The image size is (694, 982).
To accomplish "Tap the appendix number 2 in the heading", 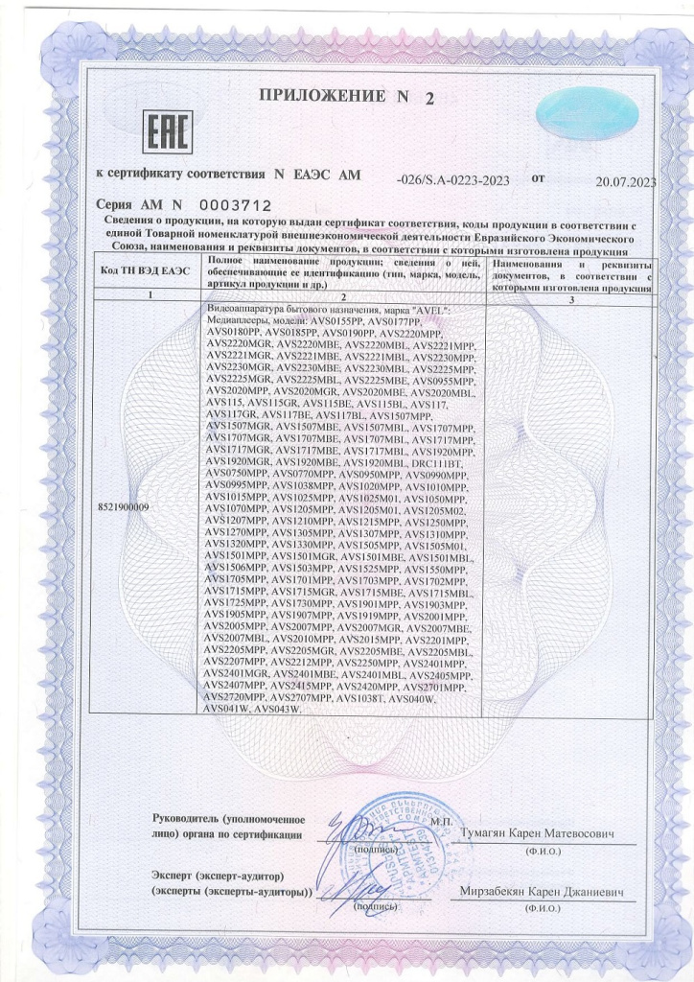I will coord(428,98).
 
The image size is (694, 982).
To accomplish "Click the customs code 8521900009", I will coord(125,504).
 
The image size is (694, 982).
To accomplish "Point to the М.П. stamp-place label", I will coord(441,821).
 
